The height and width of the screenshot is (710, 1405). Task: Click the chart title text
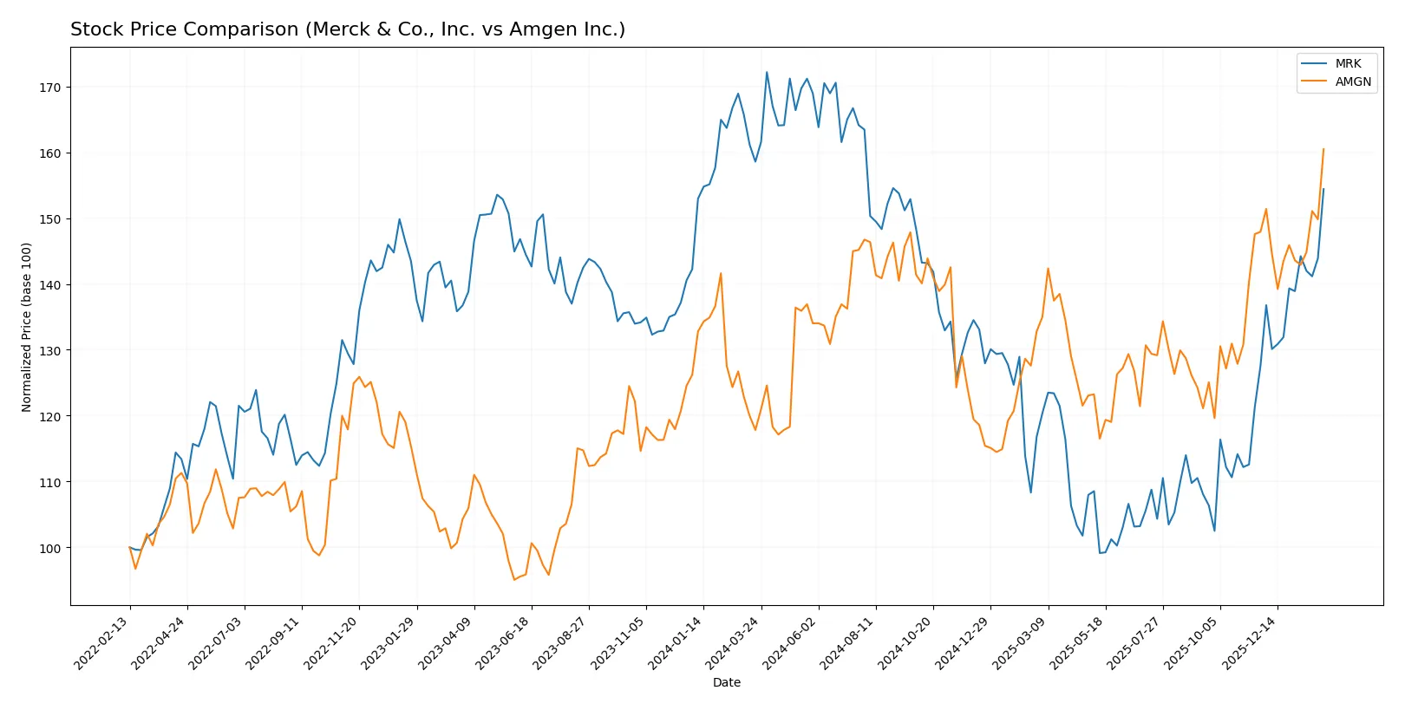(x=347, y=29)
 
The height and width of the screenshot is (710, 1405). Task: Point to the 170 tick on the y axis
(x=49, y=88)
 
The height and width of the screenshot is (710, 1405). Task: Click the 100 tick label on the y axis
(x=49, y=548)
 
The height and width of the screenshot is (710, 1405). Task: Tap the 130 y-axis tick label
(x=49, y=350)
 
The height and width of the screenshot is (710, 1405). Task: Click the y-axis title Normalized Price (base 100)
(x=27, y=327)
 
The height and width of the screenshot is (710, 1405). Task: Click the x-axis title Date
(x=726, y=682)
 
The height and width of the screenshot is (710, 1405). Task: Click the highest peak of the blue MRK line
(x=767, y=72)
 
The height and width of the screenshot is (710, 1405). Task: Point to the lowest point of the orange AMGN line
(x=513, y=580)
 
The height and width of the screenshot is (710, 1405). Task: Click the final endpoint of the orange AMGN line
(x=1323, y=149)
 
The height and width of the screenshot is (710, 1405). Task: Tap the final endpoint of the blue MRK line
(x=1323, y=189)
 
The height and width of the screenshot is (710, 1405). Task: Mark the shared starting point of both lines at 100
(x=130, y=548)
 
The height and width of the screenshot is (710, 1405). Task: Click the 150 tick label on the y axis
(x=49, y=219)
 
